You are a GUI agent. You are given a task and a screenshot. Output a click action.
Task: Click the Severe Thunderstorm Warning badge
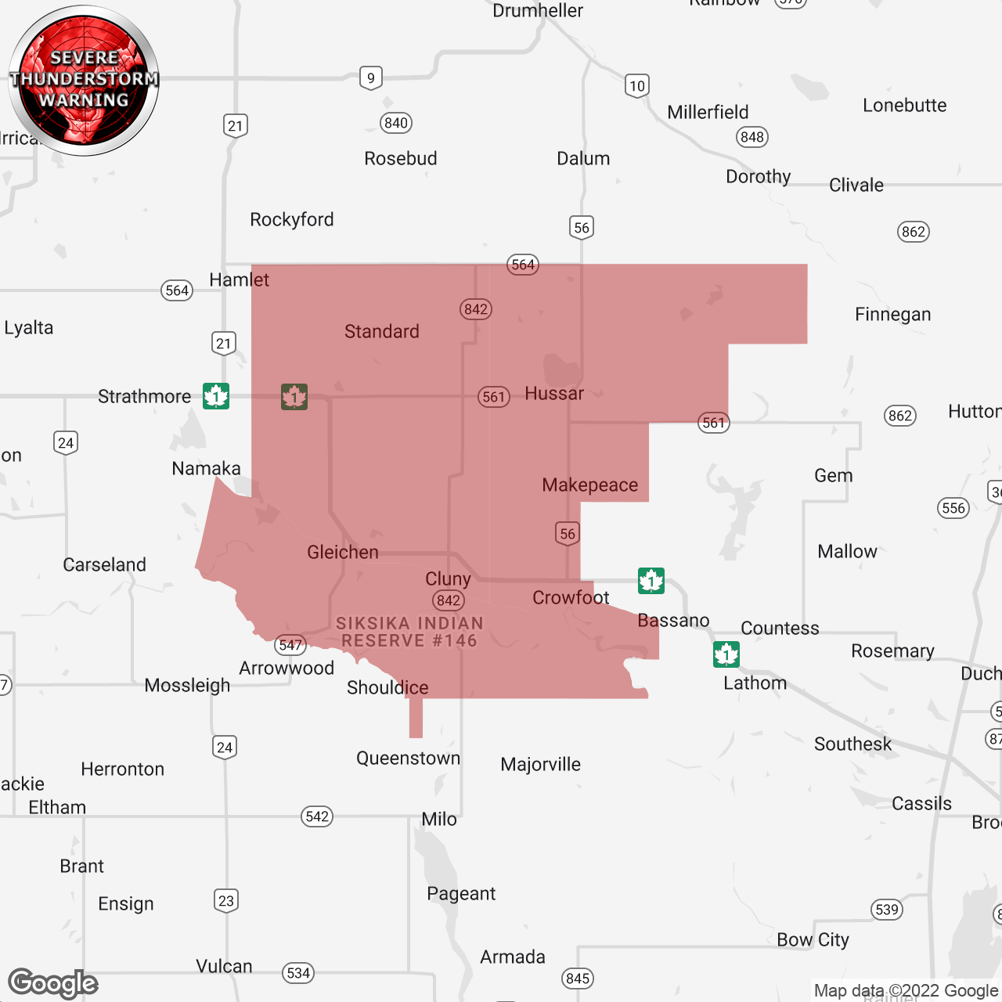[84, 80]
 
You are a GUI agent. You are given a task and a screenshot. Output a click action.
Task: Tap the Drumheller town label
[538, 11]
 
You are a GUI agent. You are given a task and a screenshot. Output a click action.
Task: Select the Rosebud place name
[400, 159]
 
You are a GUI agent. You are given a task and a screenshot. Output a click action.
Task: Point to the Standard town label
[382, 332]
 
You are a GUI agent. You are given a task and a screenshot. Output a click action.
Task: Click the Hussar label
[554, 394]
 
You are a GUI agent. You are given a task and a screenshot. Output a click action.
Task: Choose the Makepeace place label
[590, 485]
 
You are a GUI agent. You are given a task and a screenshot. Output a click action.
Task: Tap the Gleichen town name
[343, 553]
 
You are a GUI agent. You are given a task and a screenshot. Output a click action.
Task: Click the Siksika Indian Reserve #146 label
[409, 632]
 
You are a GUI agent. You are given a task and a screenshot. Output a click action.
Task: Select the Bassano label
[673, 621]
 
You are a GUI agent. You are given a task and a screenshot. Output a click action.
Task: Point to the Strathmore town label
[145, 397]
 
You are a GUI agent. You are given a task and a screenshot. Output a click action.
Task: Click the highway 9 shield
[371, 78]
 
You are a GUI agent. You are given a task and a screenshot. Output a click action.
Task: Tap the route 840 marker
[396, 123]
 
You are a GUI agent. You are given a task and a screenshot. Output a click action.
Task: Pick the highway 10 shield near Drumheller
[637, 86]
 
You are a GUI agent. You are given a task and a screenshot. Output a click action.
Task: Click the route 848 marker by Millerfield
[752, 137]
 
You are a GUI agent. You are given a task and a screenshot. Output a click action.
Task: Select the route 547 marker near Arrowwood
[290, 645]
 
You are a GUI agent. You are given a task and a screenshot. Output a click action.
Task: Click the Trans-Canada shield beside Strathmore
[216, 396]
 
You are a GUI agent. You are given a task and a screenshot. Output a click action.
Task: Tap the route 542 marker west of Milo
[317, 816]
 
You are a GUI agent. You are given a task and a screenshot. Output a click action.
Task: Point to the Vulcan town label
[224, 967]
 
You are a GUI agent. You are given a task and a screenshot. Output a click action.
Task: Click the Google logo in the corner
[53, 983]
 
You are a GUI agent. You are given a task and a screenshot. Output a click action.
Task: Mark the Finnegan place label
[892, 315]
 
